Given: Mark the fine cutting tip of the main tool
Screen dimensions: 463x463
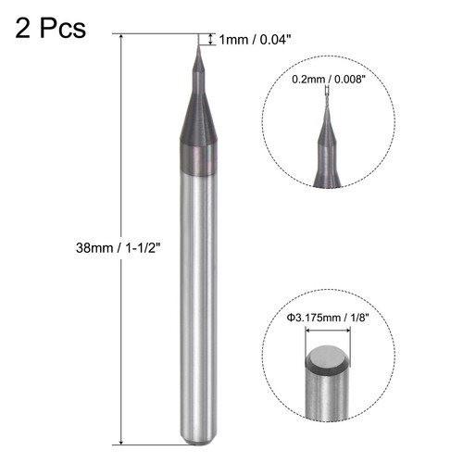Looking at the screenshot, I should point(198,42).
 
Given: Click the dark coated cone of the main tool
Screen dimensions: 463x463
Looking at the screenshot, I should point(198,139).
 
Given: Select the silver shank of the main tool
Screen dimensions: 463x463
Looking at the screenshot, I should point(198,306).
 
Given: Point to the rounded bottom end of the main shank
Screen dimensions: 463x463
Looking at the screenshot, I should point(198,439).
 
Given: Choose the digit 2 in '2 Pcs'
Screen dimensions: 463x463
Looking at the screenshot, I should point(24,29).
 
